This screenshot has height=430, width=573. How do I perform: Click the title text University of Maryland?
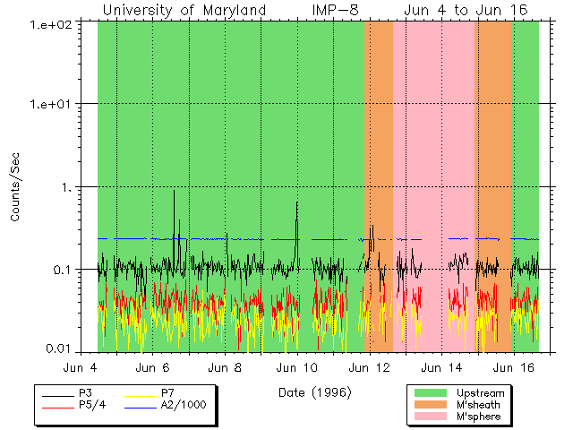click(x=184, y=10)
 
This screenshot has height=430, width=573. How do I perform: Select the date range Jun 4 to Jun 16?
click(x=466, y=10)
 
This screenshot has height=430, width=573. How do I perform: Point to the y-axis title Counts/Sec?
click(x=15, y=187)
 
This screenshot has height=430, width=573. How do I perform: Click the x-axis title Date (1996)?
click(x=315, y=391)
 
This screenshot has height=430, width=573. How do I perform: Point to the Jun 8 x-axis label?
click(x=225, y=367)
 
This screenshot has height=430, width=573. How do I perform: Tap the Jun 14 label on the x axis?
click(x=441, y=367)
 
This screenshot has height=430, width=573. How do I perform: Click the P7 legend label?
click(x=167, y=393)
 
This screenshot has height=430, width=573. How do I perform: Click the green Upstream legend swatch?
click(x=430, y=393)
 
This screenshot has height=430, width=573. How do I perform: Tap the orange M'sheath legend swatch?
click(x=430, y=405)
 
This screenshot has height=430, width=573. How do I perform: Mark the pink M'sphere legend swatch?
click(x=430, y=417)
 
